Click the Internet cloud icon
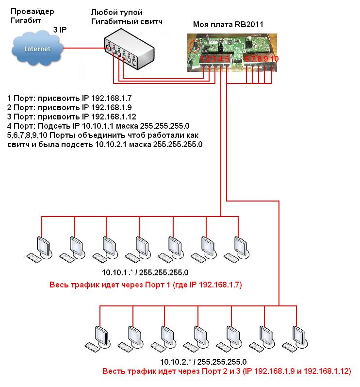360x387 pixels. tap(37, 49)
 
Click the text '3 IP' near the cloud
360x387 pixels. tap(60, 30)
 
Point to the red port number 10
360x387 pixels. tap(275, 59)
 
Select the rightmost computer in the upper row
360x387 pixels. tap(238, 248)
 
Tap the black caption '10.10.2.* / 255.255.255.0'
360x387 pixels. tap(203, 362)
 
